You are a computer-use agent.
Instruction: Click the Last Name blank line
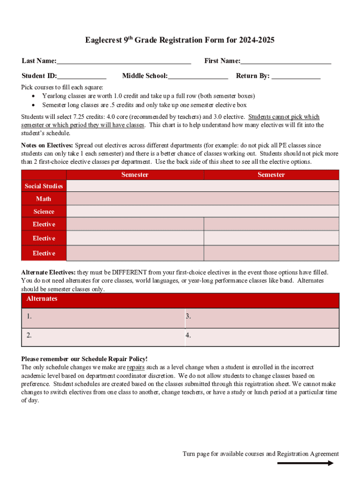tap(124, 62)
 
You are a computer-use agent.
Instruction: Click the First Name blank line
tap(286, 62)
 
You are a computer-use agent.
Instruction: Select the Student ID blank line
tap(82, 77)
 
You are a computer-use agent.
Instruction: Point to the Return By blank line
tap(296, 77)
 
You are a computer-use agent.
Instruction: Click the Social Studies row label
tap(43, 186)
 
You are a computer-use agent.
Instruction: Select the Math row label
tap(43, 199)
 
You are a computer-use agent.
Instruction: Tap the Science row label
tap(43, 211)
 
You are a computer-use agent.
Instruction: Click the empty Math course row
tap(202, 199)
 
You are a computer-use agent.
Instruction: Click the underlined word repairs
tap(136, 367)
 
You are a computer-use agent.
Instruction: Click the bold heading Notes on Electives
tap(47, 145)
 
